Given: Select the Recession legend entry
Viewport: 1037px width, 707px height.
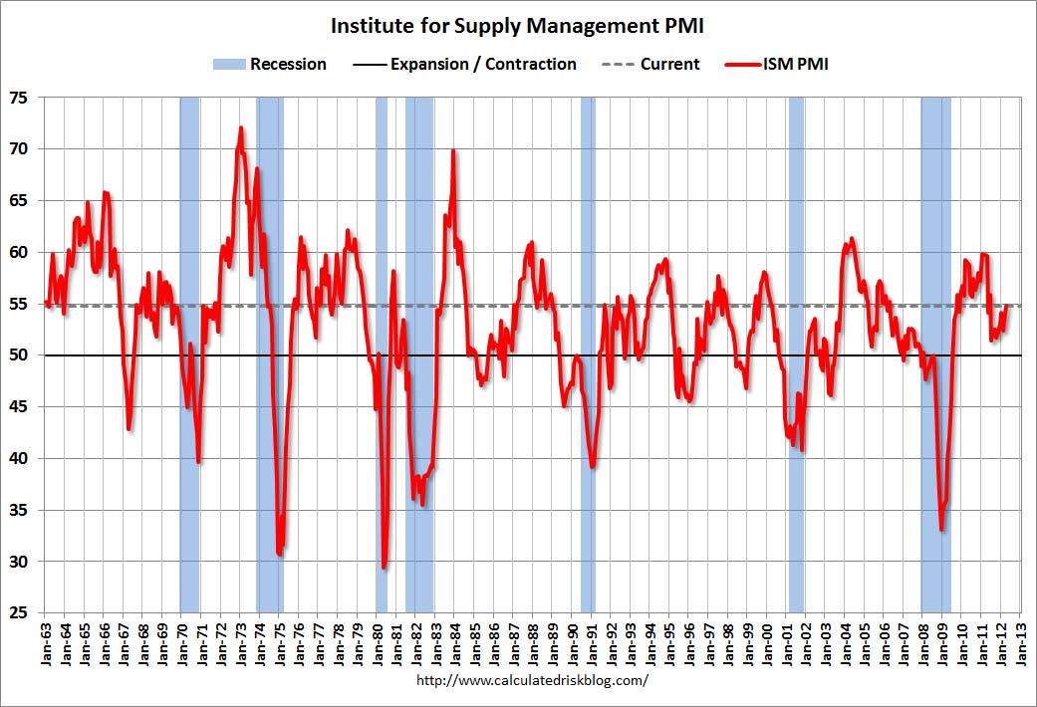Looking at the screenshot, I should click(x=270, y=64).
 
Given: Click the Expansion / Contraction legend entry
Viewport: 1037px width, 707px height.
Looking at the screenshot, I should click(x=464, y=64).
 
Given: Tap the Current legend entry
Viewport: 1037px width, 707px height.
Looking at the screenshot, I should click(x=651, y=64).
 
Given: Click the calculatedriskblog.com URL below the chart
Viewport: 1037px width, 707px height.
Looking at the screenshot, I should click(x=530, y=681).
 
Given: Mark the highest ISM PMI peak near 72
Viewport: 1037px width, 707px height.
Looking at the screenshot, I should click(x=241, y=128).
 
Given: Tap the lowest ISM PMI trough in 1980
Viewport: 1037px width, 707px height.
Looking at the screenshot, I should click(x=385, y=567).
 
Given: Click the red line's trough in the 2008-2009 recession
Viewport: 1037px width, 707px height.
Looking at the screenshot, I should click(x=941, y=529).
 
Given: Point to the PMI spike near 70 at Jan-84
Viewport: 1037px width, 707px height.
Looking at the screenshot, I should click(x=453, y=151).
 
